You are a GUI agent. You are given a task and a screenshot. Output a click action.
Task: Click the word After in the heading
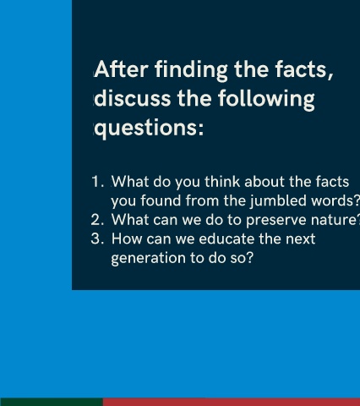tap(121, 69)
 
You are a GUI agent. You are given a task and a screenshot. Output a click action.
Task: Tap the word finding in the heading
tap(191, 70)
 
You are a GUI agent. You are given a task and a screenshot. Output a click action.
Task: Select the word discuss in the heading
tap(133, 98)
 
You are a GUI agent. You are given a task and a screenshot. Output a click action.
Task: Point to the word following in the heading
tap(266, 100)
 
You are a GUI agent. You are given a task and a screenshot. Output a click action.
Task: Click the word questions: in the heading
tap(149, 129)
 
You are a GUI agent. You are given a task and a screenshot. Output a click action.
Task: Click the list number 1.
tap(97, 182)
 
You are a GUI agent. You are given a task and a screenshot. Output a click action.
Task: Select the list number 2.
tap(97, 220)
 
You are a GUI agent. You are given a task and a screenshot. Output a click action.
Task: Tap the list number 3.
tap(97, 239)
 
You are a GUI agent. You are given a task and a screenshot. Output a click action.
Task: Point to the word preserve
tap(275, 221)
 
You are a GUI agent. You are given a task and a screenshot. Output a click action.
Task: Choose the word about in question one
tap(265, 182)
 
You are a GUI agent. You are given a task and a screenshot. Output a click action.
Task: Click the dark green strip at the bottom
tap(52, 402)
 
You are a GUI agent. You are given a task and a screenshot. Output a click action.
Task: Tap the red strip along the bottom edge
tap(232, 402)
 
